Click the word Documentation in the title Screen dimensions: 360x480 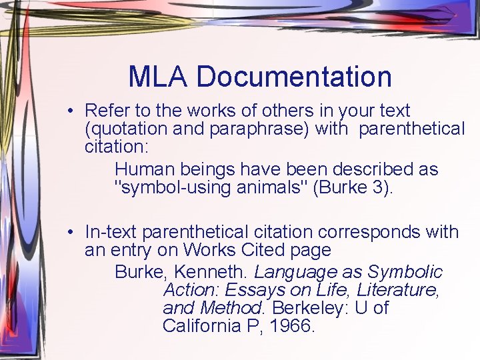point(294,76)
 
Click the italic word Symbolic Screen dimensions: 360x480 point(406,272)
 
